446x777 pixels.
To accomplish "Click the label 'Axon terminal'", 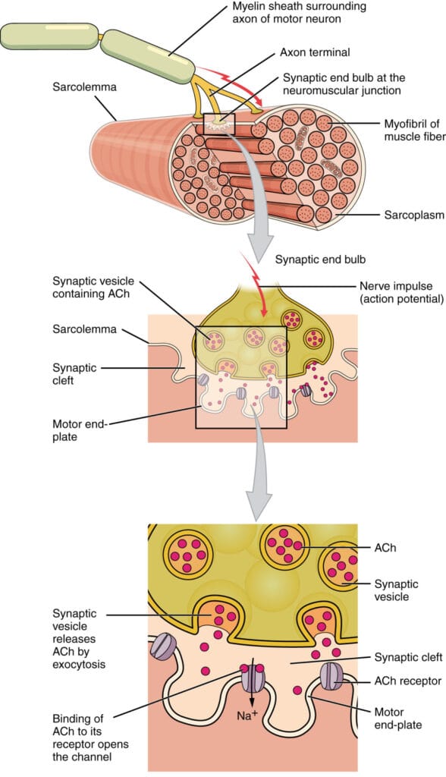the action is coord(315,52).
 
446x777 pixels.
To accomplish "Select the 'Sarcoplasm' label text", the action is coord(414,215).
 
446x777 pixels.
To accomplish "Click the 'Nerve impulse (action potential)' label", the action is coord(401,292).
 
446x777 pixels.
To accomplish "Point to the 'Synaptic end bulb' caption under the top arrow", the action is coord(321,260).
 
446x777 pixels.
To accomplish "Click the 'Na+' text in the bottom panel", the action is coord(248,715).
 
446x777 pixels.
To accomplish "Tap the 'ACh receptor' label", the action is coord(408,681).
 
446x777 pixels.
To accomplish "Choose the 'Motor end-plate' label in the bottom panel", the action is coord(398,719).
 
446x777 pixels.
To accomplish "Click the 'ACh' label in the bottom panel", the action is coord(385,548).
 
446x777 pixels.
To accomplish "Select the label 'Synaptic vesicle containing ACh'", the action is coord(93,288).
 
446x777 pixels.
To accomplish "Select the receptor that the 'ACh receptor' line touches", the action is coord(330,676).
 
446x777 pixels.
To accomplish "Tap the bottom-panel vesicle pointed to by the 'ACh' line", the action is coord(284,544).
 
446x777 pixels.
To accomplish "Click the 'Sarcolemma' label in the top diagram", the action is coord(84,87).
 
